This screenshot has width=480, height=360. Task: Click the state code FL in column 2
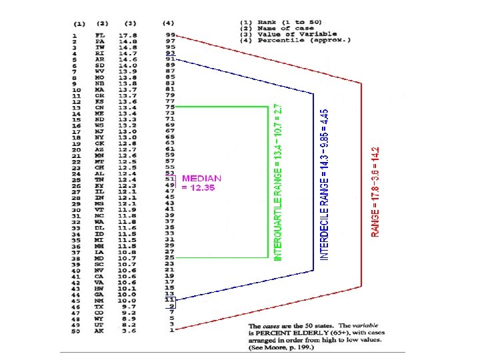click(101, 35)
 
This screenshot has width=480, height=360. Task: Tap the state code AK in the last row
click(101, 331)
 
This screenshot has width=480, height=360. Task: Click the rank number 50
click(77, 331)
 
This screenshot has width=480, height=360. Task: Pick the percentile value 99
click(170, 35)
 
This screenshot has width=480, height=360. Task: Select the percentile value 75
click(170, 107)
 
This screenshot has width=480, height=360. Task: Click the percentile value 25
click(170, 257)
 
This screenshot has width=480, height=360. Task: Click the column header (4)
click(169, 23)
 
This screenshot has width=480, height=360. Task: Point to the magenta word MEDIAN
click(201, 179)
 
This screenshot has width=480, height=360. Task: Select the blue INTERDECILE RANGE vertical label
click(324, 185)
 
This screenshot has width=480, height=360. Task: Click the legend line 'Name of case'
click(287, 27)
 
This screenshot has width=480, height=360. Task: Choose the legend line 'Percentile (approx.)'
click(296, 41)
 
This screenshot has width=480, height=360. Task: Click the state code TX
click(101, 306)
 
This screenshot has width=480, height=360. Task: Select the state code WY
click(101, 318)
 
